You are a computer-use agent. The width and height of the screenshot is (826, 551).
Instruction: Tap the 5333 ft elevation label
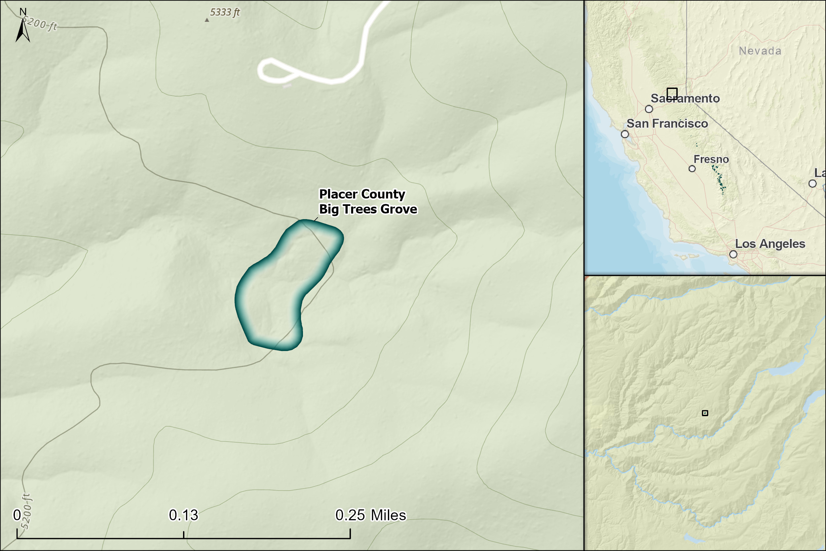coord(225,12)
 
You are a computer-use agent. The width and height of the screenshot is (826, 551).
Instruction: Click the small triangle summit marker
coord(207,20)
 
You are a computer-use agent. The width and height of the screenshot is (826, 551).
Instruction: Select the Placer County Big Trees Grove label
coord(368,201)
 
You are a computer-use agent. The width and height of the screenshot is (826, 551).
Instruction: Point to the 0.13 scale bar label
coord(183,515)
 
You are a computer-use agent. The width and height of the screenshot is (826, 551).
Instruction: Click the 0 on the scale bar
coord(17,515)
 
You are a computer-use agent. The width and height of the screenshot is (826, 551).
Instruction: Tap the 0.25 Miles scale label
coord(370,515)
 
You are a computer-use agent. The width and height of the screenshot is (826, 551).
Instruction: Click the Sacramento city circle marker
coord(649,109)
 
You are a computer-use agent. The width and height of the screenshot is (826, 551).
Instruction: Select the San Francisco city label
coord(667,124)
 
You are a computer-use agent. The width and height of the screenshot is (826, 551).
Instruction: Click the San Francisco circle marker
coord(625,134)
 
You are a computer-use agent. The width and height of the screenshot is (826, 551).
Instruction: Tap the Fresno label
coord(711,159)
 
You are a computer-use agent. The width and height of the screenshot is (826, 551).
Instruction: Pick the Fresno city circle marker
coord(692,169)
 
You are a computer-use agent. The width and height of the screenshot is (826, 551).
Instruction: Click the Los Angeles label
coord(770,244)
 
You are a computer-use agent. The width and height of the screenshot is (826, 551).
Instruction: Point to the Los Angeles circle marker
coord(733,254)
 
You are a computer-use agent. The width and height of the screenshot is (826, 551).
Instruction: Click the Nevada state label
coord(760,51)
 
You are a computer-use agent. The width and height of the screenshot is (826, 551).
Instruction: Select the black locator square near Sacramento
coord(672,94)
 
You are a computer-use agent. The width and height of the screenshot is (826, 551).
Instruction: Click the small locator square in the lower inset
coord(705,413)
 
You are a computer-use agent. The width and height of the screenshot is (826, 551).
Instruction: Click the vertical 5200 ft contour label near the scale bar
coord(26,511)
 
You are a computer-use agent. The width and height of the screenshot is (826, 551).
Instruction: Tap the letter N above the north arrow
coord(23,12)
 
